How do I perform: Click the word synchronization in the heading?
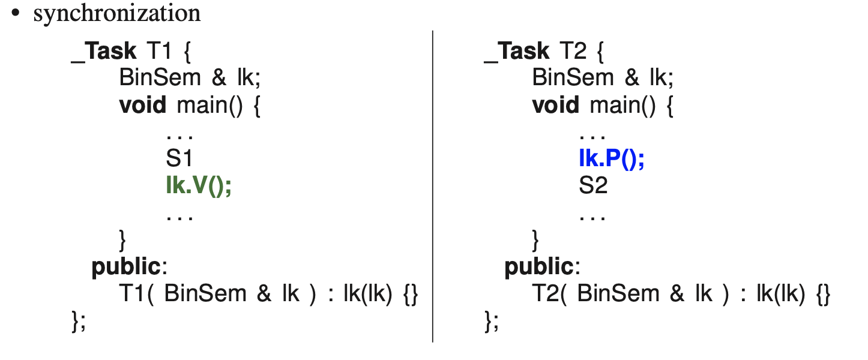click(117, 14)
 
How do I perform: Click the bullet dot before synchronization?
click(16, 13)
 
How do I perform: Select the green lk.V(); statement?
click(199, 185)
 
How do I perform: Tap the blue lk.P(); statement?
click(612, 158)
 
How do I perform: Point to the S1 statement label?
click(179, 158)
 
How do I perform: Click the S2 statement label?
click(593, 185)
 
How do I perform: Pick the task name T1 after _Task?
click(159, 51)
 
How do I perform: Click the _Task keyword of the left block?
click(104, 52)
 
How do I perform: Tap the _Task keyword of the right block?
click(517, 52)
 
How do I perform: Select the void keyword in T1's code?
click(143, 105)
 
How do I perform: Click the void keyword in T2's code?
click(556, 105)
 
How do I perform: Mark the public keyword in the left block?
click(126, 267)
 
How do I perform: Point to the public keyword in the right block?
click(539, 267)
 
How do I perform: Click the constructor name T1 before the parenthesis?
click(132, 293)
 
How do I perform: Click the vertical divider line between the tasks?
click(432, 187)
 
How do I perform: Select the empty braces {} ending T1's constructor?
click(411, 294)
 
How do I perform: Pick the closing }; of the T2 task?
click(492, 322)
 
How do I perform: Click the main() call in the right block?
click(622, 106)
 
